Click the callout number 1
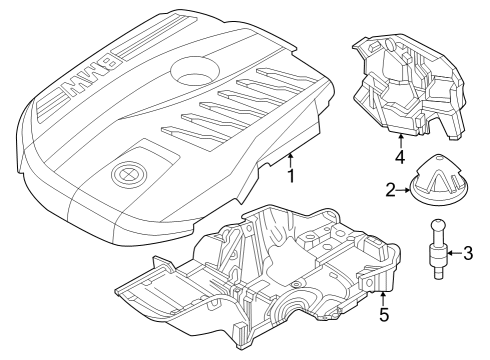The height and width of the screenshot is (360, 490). [x=291, y=176]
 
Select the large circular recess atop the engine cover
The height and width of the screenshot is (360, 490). [x=195, y=71]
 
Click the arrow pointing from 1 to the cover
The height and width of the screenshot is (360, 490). [x=290, y=160]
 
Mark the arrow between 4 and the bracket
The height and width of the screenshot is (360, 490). [x=400, y=140]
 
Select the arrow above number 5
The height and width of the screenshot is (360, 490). [x=383, y=300]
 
